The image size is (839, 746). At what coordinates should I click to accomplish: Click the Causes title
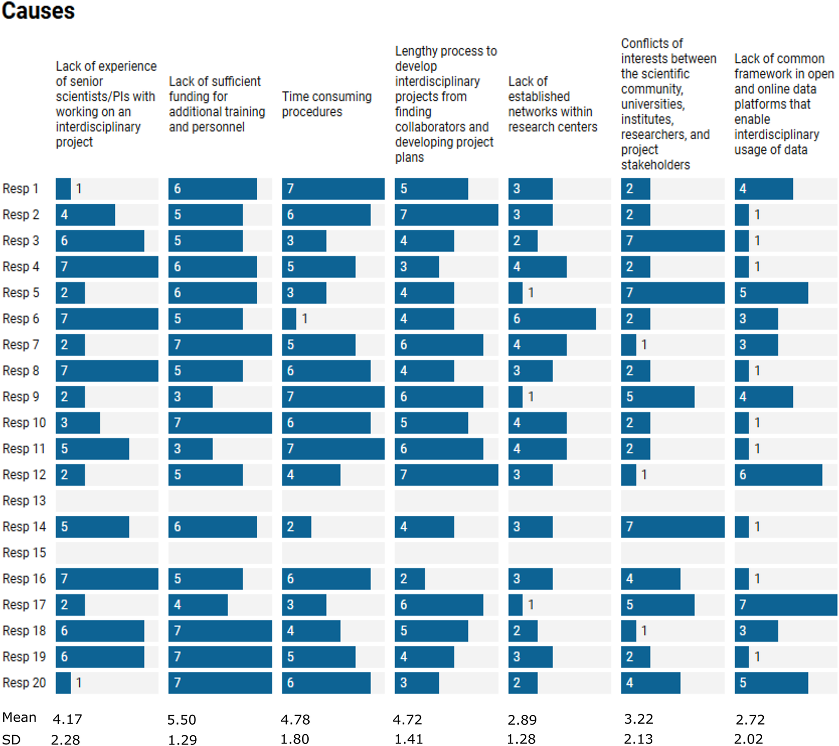coord(38,11)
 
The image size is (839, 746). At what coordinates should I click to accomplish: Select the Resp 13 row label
coord(24,501)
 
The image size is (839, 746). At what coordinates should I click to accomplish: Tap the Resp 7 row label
coord(20,345)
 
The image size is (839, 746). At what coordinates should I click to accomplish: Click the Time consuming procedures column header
coord(326,104)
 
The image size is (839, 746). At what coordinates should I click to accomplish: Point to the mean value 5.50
coord(182,720)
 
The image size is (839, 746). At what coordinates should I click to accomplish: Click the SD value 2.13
coord(638,739)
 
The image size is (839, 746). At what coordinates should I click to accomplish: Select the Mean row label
coord(19,718)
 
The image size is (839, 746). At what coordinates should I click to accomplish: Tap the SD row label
coord(11,739)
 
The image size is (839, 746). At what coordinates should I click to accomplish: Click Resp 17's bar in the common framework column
coord(786,605)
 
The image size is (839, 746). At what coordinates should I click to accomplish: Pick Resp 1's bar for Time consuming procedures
coord(333,189)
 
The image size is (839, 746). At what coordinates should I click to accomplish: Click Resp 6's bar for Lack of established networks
coord(552,319)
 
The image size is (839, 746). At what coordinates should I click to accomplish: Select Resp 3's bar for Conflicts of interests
coord(672,241)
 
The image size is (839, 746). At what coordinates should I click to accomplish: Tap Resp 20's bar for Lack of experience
coord(64,683)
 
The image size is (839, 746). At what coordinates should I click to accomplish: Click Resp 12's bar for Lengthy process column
coord(446,475)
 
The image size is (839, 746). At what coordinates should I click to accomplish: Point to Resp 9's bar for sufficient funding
coord(191,397)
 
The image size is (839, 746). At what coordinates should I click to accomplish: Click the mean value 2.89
coord(522,720)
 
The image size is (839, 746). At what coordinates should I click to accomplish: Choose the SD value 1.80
coord(294,739)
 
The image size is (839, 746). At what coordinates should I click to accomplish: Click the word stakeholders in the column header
coord(655,165)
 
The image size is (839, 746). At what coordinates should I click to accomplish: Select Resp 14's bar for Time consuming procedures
coord(296,527)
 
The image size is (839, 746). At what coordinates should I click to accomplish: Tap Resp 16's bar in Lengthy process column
coord(410,579)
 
